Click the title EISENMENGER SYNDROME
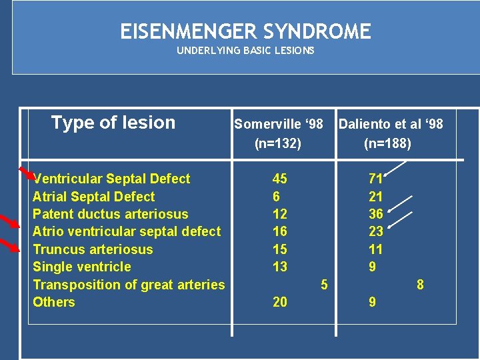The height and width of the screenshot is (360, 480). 245,31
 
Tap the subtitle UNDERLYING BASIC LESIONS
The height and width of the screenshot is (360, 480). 245,51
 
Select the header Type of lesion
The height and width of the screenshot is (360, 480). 113,123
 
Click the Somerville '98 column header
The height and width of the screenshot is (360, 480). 278,124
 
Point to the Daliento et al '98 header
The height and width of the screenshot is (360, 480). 390,124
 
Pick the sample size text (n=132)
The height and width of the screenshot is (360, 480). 278,143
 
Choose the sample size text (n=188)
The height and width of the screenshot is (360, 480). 387,143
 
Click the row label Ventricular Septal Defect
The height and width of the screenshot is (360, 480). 111,179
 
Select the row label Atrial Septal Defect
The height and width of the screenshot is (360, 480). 93,197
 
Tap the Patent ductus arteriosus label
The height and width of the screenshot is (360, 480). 111,214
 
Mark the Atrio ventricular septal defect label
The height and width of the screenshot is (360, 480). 127,231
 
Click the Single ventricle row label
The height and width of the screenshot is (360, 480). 82,267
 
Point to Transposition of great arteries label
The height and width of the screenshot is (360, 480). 129,285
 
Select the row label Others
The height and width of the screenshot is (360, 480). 54,302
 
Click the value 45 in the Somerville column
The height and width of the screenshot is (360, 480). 280,179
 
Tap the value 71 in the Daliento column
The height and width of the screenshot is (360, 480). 376,179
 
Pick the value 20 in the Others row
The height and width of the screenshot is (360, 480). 280,302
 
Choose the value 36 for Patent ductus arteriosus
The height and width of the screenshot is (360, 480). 376,214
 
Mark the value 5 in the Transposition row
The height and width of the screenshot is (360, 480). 324,285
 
